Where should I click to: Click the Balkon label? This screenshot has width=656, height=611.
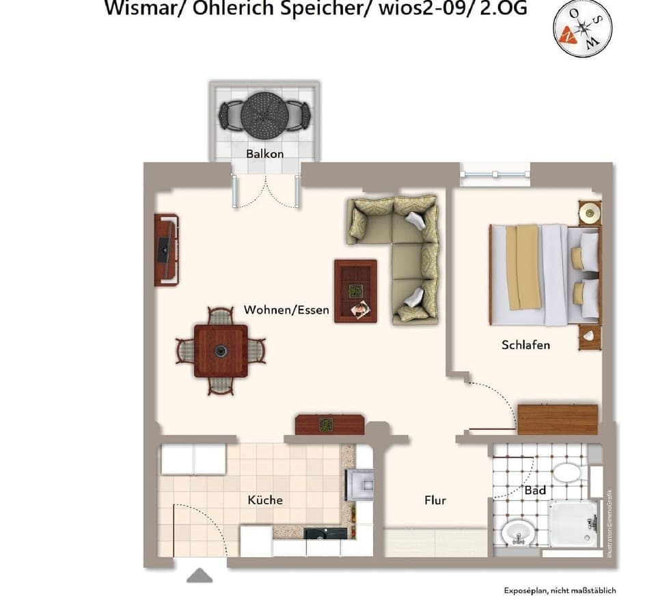pyautogui.click(x=264, y=154)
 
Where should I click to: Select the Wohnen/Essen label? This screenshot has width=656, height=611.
pyautogui.click(x=286, y=310)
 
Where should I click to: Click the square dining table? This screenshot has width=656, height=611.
pyautogui.click(x=221, y=351)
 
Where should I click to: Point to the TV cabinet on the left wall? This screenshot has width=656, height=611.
pyautogui.click(x=166, y=249)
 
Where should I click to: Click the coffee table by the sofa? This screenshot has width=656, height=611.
pyautogui.click(x=355, y=290)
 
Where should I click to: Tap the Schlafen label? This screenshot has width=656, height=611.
pyautogui.click(x=525, y=345)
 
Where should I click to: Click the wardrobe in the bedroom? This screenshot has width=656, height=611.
pyautogui.click(x=558, y=419)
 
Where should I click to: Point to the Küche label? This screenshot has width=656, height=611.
pyautogui.click(x=265, y=500)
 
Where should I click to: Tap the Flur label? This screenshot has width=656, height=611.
pyautogui.click(x=435, y=500)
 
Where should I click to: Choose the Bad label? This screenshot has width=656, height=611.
pyautogui.click(x=534, y=491)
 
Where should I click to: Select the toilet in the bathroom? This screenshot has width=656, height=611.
pyautogui.click(x=566, y=472)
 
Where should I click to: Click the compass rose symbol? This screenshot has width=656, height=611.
pyautogui.click(x=582, y=28)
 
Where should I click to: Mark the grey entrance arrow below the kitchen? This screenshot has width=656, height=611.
pyautogui.click(x=199, y=575)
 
